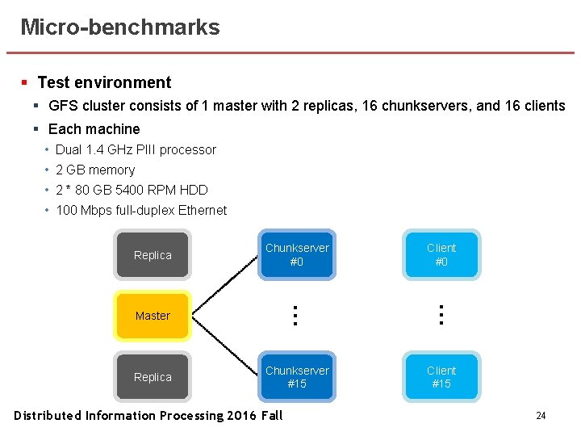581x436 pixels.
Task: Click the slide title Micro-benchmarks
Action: [119, 27]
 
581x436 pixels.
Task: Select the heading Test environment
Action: [104, 82]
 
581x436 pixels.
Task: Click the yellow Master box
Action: [153, 316]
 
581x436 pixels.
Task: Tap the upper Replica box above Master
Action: [153, 255]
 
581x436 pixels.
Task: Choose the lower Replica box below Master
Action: [153, 377]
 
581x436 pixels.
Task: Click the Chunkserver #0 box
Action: [297, 254]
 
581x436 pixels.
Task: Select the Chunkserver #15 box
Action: [297, 377]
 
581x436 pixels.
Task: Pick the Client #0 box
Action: [441, 254]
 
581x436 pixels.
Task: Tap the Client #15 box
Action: [441, 377]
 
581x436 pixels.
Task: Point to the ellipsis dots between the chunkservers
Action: [296, 315]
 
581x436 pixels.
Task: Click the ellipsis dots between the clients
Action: [441, 315]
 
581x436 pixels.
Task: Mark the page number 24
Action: [541, 416]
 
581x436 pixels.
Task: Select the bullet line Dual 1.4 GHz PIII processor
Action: [136, 149]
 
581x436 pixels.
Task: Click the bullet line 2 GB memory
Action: [95, 170]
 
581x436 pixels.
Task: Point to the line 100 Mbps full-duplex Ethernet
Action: [141, 210]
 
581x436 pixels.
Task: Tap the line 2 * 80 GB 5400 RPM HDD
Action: [132, 190]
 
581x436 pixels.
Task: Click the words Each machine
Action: [94, 129]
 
